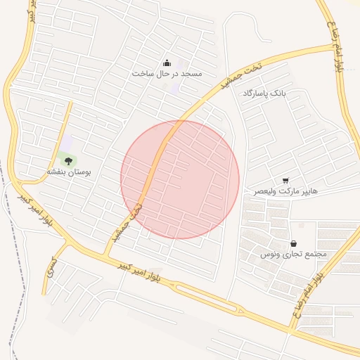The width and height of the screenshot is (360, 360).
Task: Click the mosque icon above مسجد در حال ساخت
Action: (167, 62)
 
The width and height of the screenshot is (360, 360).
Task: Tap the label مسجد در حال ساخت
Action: (167, 73)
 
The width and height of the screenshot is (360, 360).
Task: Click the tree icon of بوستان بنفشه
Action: (68, 162)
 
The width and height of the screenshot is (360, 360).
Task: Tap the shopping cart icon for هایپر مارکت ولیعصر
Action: (285, 181)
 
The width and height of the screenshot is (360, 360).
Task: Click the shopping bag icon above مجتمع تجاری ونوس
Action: (292, 243)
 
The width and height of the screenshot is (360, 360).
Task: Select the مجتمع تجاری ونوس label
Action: (293, 254)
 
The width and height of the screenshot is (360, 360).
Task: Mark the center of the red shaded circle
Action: (180, 179)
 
